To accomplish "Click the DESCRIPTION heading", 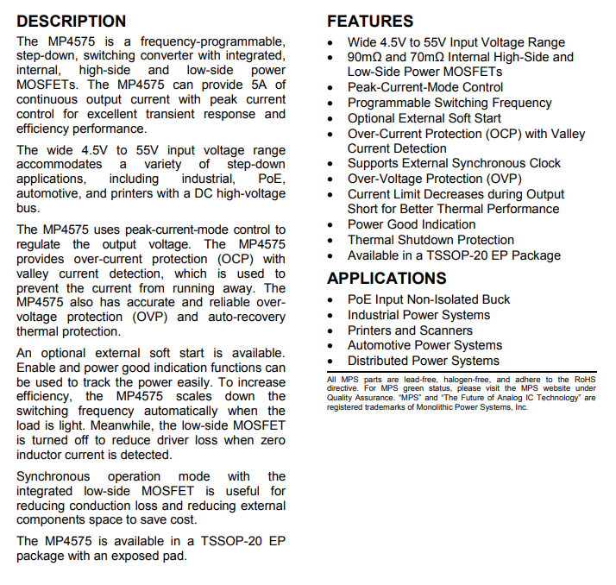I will (x=72, y=22).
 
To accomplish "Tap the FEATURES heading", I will (x=370, y=22).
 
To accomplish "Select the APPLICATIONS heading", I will (x=387, y=278).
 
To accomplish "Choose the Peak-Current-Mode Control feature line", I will (x=425, y=87).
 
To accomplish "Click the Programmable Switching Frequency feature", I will (x=449, y=103).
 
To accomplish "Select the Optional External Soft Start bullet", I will (x=424, y=118).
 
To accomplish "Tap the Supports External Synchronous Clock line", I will (x=454, y=163).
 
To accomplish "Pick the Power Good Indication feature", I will (x=412, y=224).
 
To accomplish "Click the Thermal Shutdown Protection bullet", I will (x=431, y=240).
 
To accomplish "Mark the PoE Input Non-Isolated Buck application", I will (x=429, y=299).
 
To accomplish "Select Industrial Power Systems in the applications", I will (x=418, y=315).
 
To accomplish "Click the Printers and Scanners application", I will (x=410, y=330).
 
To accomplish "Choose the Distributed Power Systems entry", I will (x=424, y=361).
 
